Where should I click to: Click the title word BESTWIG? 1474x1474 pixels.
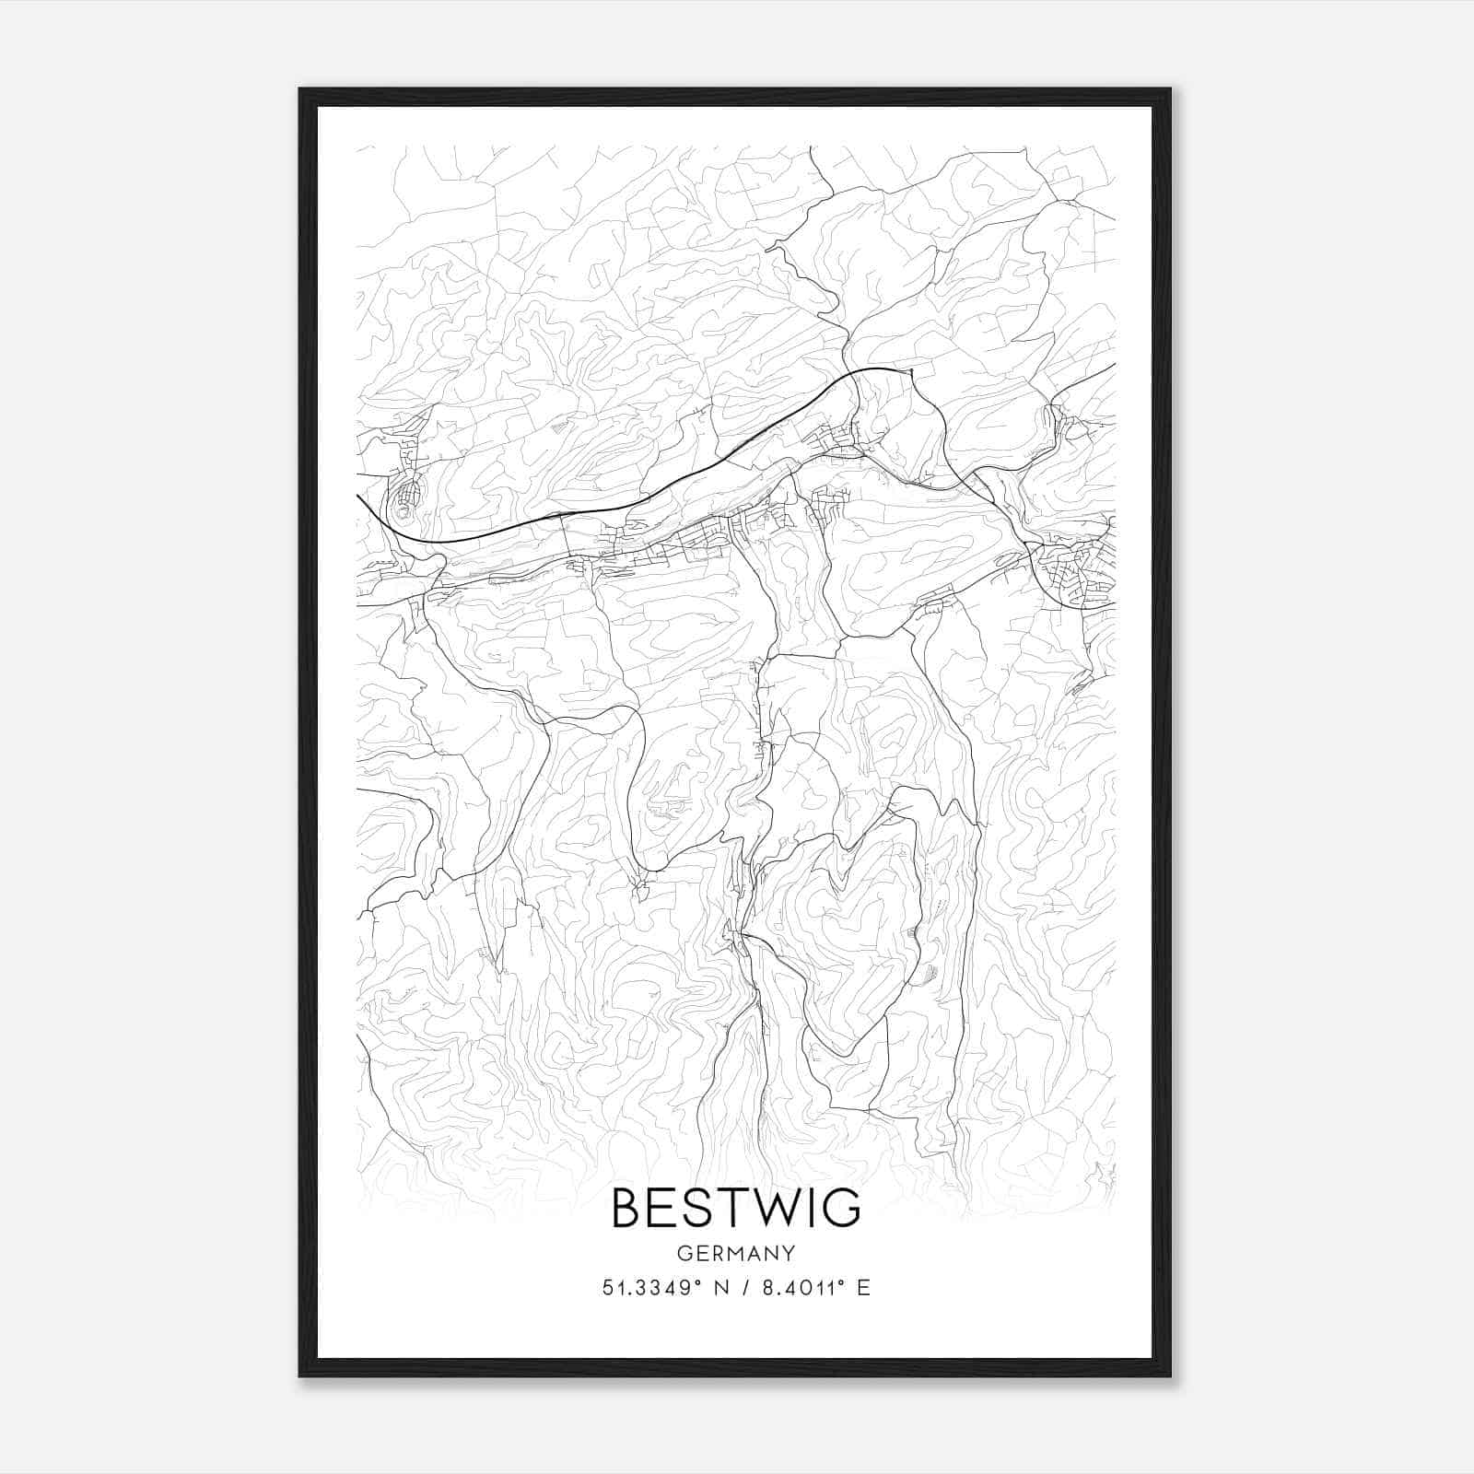pyautogui.click(x=736, y=1208)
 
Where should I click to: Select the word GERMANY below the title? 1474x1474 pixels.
pyautogui.click(x=736, y=1253)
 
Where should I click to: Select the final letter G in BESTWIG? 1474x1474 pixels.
pyautogui.click(x=841, y=1208)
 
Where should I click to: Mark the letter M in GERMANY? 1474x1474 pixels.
pyautogui.click(x=734, y=1253)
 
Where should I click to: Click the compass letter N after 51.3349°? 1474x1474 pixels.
pyautogui.click(x=720, y=1288)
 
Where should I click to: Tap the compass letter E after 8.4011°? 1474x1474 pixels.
pyautogui.click(x=863, y=1288)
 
